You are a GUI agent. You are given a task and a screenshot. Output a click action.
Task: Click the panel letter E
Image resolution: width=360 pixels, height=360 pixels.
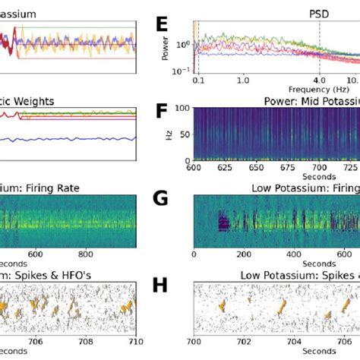[162, 25]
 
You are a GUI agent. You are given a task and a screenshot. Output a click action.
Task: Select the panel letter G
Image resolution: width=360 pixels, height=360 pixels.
[162, 200]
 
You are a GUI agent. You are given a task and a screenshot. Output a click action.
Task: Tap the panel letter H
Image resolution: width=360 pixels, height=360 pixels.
[162, 285]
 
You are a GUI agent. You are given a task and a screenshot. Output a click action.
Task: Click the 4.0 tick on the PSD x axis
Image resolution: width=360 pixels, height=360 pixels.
[319, 80]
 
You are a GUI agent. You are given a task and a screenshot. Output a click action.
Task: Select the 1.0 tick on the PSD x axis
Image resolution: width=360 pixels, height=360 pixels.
[243, 80]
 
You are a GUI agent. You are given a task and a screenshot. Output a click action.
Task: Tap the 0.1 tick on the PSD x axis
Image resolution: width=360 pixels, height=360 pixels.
[197, 80]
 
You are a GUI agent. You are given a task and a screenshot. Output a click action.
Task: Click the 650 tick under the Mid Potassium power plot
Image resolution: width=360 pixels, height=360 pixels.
[257, 167]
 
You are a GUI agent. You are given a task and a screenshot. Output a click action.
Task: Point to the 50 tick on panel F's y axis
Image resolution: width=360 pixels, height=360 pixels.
[186, 134]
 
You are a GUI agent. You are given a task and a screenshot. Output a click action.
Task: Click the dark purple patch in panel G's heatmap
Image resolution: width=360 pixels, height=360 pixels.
[224, 223]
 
